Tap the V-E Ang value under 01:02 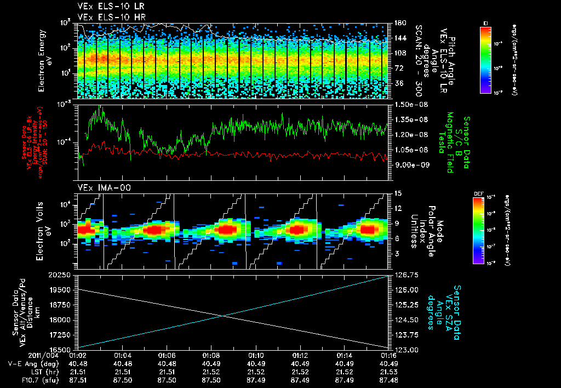[x=78, y=363]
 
